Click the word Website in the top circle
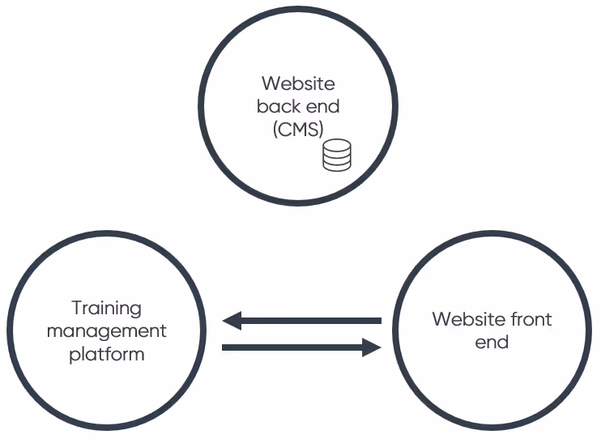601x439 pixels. [298, 83]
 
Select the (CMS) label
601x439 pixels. [298, 129]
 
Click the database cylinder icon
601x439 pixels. [337, 155]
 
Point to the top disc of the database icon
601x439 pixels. [337, 144]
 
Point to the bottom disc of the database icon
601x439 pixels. [337, 165]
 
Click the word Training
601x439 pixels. [106, 309]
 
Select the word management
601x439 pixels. [106, 331]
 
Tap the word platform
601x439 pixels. [106, 354]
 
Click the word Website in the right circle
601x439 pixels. [462, 319]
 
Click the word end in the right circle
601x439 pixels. [492, 342]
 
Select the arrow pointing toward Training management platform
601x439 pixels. [301, 321]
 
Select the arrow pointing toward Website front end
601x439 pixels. [301, 347]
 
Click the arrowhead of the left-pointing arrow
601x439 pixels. [232, 321]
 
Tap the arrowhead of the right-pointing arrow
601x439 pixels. [372, 347]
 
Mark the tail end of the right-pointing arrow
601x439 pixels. [225, 347]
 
